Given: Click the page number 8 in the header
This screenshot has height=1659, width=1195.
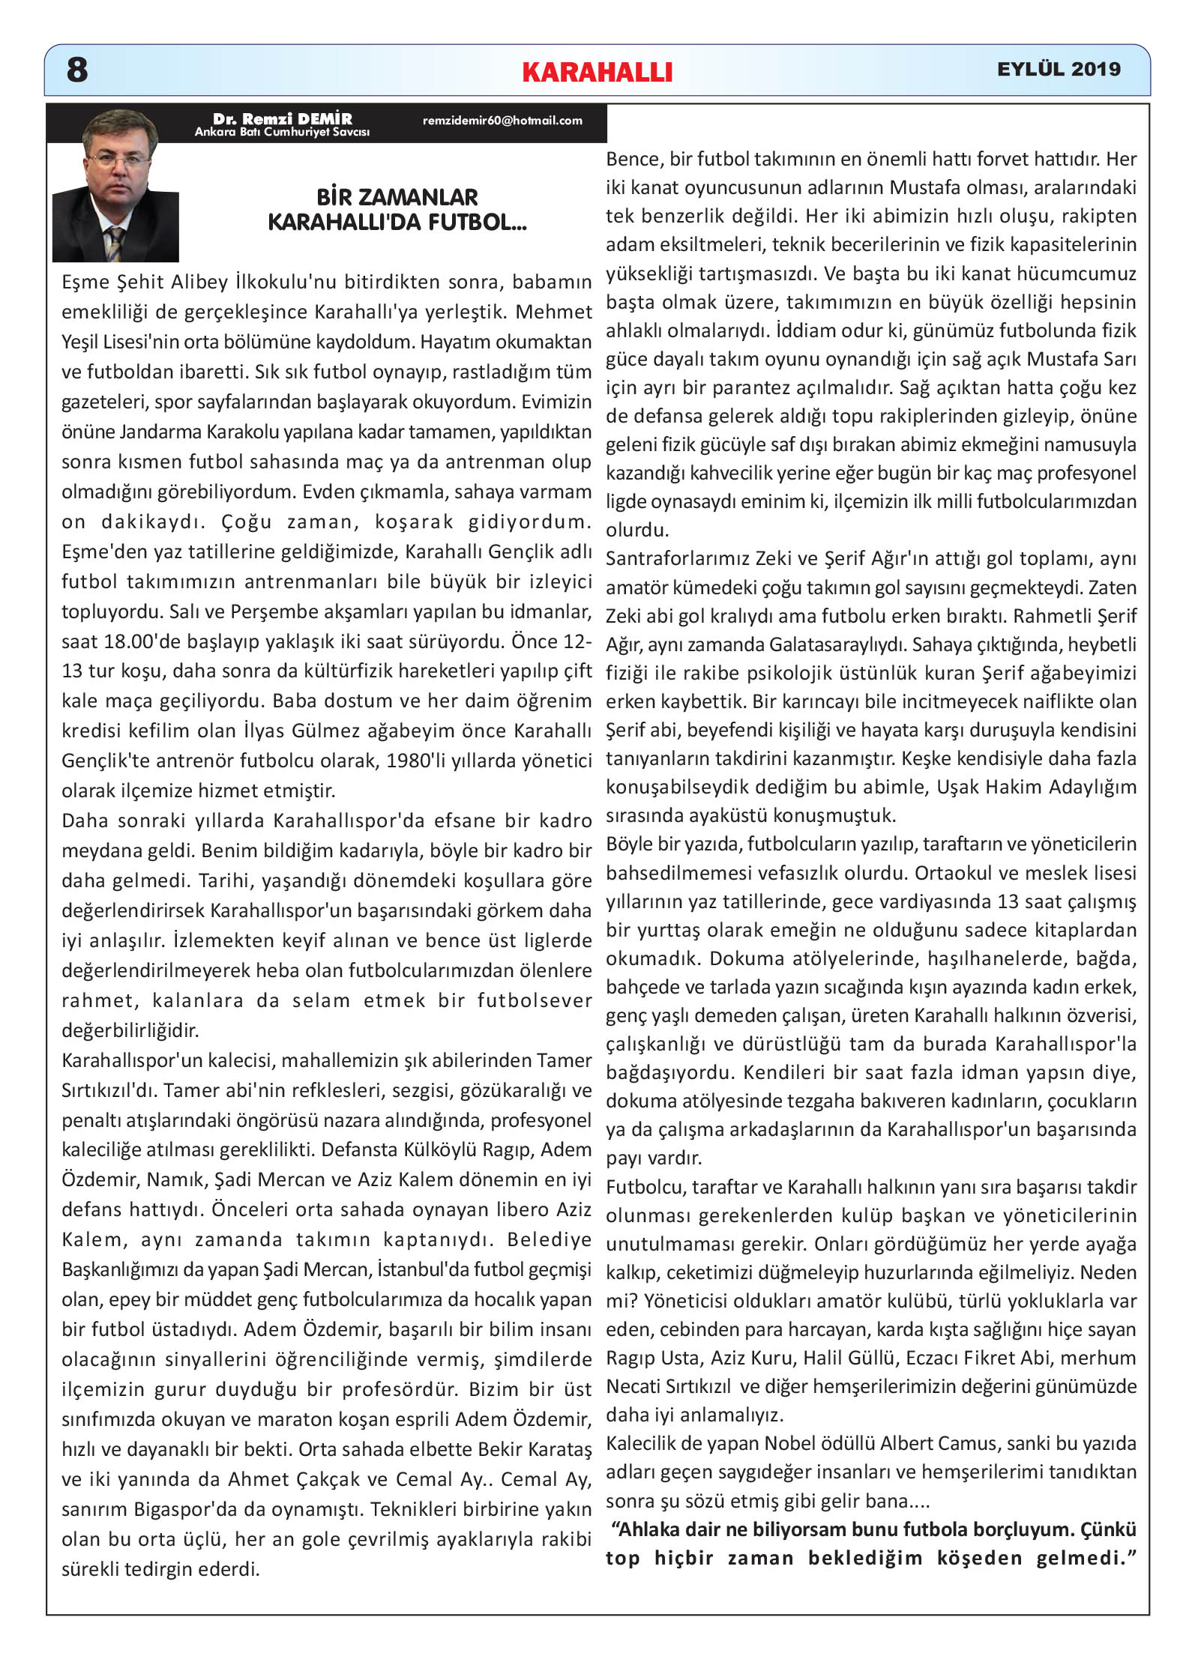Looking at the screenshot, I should (77, 70).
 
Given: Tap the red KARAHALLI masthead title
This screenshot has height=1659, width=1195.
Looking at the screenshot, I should (597, 72).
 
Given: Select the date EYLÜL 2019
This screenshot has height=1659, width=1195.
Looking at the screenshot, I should (1058, 69).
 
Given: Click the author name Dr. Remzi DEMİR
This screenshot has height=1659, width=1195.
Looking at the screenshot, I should (282, 118).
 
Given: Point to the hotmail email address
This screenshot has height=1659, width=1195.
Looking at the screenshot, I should (502, 120).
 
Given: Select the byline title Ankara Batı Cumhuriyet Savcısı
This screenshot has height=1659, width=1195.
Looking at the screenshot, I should (282, 132).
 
